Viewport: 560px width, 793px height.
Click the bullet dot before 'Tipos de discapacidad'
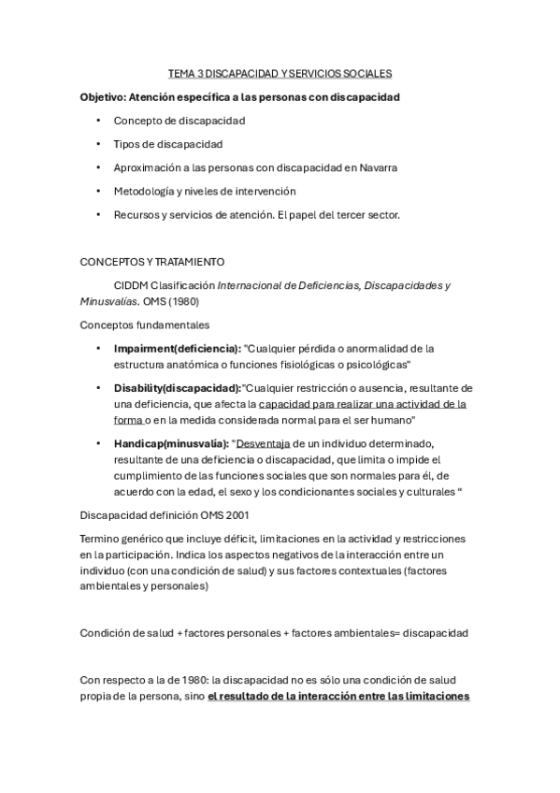coord(98,144)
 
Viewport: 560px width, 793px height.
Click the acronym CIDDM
coord(130,285)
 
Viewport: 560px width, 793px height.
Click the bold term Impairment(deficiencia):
coord(178,348)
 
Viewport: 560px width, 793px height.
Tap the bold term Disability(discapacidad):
coord(178,388)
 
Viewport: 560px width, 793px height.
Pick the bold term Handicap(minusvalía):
coord(171,443)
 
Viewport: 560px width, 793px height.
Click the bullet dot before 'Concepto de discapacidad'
coord(98,121)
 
